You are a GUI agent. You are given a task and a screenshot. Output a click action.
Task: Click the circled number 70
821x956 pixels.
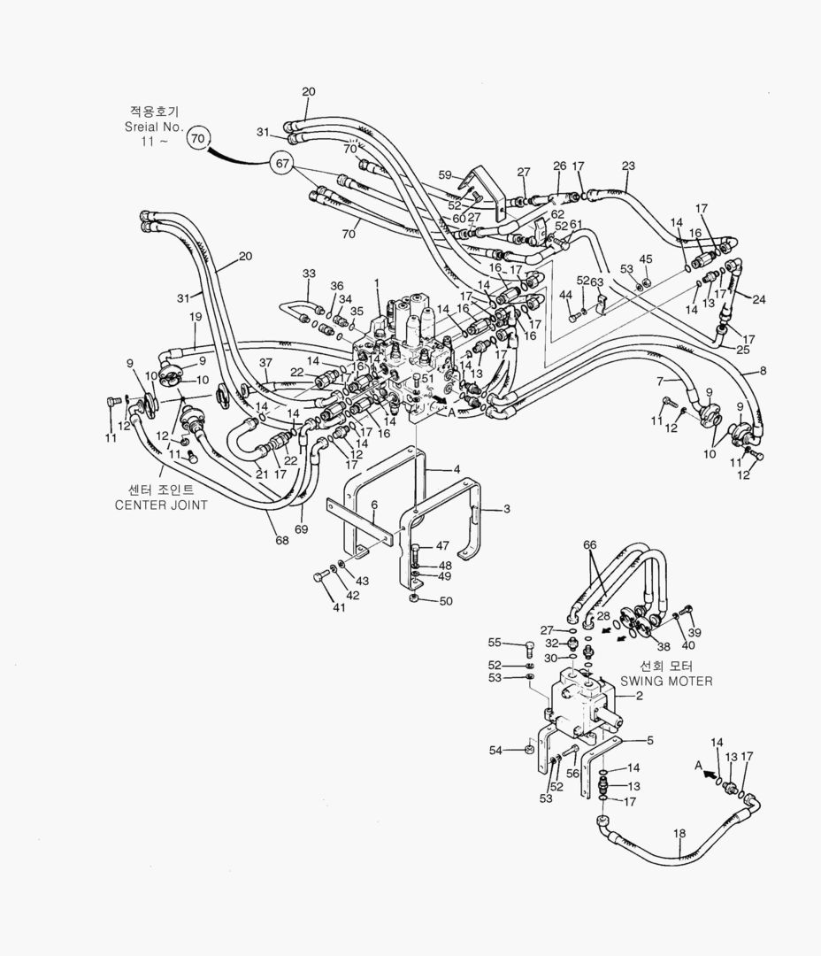coord(199,138)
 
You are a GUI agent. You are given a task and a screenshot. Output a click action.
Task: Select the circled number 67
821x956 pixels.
coord(283,164)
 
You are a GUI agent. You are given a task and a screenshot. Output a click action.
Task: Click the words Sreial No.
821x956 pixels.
coord(154,127)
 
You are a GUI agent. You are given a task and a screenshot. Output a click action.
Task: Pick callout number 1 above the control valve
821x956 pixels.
coord(376,283)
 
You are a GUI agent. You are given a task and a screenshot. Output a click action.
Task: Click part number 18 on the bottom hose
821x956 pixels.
coord(679,833)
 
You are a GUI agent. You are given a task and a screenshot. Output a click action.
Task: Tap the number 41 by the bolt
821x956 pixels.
coord(340,608)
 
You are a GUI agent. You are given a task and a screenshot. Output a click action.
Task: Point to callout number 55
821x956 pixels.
coord(495,643)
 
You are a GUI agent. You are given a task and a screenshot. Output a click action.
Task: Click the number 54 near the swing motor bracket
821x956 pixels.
coord(495,751)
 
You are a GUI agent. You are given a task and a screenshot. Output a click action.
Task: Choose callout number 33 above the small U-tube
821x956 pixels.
coord(309,274)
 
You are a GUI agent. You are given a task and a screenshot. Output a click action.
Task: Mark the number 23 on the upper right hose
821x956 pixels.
coord(628,165)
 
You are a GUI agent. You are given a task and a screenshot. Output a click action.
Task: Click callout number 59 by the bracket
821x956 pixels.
coord(445,174)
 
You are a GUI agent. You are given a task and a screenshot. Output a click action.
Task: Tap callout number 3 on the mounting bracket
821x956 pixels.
coord(507,509)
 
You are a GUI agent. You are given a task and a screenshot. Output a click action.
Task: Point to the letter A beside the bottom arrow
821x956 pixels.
coord(698,764)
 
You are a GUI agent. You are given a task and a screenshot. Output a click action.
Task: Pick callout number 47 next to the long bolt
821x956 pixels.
coord(442,546)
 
